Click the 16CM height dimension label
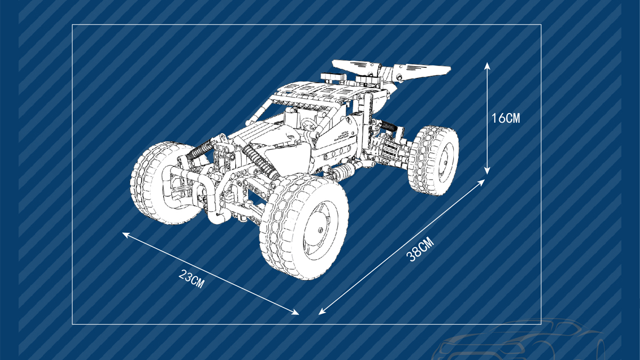click(x=506, y=118)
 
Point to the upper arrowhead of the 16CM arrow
click(x=487, y=66)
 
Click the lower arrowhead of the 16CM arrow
click(x=487, y=171)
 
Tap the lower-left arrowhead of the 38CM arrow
click(x=322, y=311)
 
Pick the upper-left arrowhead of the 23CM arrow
click(x=126, y=235)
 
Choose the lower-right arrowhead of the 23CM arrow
click(x=295, y=313)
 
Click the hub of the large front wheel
click(x=320, y=230)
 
